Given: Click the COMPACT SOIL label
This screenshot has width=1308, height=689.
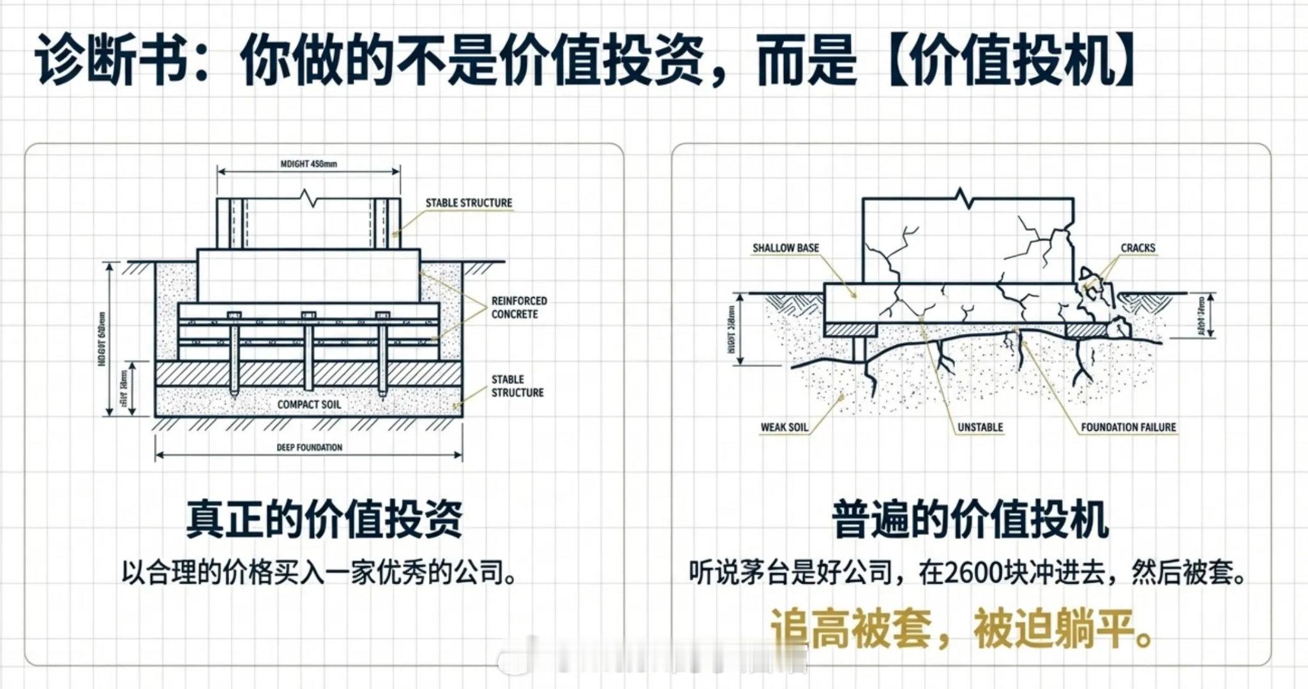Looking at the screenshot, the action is coord(309,404).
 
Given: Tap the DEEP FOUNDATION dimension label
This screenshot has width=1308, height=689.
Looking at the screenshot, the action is coord(309,447).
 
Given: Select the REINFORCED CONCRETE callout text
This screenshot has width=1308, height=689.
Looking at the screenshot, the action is coord(518,307).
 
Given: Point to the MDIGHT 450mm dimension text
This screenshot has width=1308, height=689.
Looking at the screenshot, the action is coord(309,164).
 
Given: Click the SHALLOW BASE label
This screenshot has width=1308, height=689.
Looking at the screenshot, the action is coord(785,248).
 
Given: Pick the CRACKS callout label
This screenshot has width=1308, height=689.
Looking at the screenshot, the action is coord(1138,248).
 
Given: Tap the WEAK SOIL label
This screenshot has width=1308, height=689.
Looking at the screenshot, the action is coord(784,427).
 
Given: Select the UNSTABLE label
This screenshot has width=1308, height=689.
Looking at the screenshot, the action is coord(980,427).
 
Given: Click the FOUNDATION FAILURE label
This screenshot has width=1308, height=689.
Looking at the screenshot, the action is coord(1128,427).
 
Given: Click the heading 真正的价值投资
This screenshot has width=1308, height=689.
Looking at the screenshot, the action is coord(324,519).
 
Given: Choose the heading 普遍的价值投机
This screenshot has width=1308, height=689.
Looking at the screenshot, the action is coord(970,519).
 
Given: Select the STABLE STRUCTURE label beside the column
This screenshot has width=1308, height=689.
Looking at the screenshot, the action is coord(469,203).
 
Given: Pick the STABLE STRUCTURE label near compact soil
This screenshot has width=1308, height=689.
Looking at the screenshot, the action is coord(517,386).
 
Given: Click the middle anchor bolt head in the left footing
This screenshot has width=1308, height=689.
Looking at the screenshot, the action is coord(309,315).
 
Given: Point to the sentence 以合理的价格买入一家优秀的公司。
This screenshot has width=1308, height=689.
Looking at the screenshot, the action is coord(319,573).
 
